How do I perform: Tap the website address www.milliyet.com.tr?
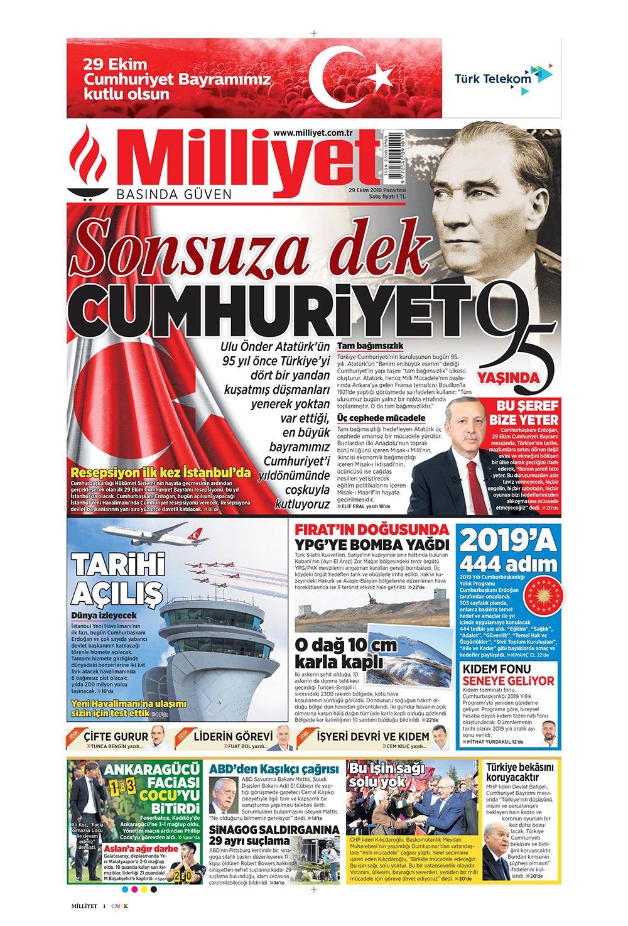tap(311, 132)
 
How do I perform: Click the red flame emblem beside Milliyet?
tap(89, 162)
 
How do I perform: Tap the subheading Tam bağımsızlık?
tap(370, 346)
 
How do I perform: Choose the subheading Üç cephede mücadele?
tap(381, 418)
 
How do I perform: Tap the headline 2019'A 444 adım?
tap(509, 550)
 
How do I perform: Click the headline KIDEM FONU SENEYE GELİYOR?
tap(509, 674)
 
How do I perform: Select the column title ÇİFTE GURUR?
tap(116, 736)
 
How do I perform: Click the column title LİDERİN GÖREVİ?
tap(233, 736)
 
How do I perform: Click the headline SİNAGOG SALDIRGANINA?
tap(274, 829)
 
